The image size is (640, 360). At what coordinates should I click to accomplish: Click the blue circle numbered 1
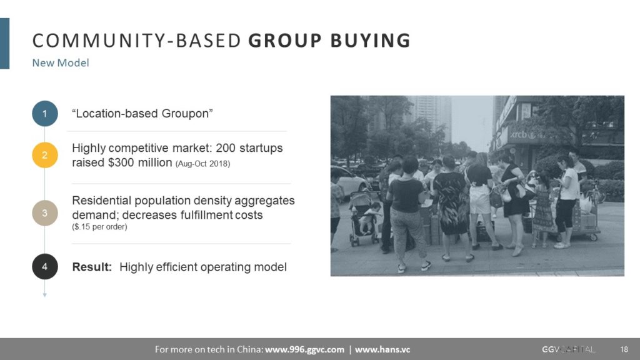pyautogui.click(x=45, y=114)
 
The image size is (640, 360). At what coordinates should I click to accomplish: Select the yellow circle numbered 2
pyautogui.click(x=45, y=155)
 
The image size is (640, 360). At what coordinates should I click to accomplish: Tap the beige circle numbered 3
pyautogui.click(x=45, y=212)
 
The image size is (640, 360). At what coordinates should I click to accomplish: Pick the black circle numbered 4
pyautogui.click(x=45, y=266)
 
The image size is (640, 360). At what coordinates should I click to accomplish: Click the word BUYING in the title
pyautogui.click(x=370, y=41)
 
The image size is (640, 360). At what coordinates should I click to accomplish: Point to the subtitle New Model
pyautogui.click(x=61, y=63)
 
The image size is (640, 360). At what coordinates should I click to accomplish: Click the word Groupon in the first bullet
pyautogui.click(x=185, y=114)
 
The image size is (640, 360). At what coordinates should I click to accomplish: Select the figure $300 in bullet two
pyautogui.click(x=121, y=162)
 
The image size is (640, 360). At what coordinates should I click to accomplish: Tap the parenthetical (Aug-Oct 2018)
pyautogui.click(x=203, y=164)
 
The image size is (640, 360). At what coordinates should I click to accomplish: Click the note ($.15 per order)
pyautogui.click(x=99, y=226)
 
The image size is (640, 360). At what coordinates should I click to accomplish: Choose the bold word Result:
pyautogui.click(x=92, y=267)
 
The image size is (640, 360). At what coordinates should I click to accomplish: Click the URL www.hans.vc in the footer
pyautogui.click(x=382, y=349)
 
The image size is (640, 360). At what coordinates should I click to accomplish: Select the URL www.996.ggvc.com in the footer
pyautogui.click(x=304, y=349)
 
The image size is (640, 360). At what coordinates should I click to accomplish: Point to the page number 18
pyautogui.click(x=624, y=349)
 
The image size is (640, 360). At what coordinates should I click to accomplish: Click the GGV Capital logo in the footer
pyautogui.click(x=568, y=349)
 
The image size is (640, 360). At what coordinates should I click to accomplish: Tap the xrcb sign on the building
pyautogui.click(x=519, y=135)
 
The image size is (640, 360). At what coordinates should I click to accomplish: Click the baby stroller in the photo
pyautogui.click(x=364, y=218)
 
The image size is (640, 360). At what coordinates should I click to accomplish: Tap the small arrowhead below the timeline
pyautogui.click(x=45, y=295)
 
